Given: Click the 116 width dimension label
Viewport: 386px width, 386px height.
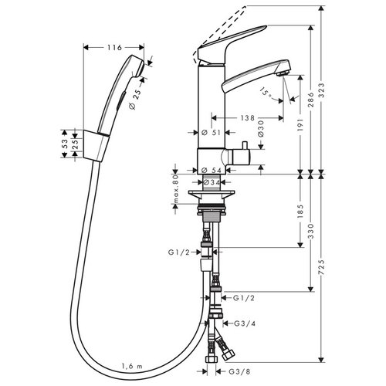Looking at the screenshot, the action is [114, 47].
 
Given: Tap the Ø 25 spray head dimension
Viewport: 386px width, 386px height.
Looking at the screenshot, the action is [136, 100].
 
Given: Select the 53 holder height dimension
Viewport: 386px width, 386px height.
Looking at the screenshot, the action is [65, 144].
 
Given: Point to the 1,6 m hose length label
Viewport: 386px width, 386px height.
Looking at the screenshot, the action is [132, 366].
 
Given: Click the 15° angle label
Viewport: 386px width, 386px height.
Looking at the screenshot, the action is [266, 93].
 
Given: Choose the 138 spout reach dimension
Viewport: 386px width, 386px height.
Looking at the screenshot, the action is [247, 118].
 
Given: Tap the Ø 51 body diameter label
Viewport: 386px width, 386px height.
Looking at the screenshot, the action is [211, 133].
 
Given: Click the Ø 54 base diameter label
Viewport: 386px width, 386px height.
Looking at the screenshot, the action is [212, 170].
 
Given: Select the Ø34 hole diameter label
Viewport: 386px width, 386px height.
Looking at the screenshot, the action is [212, 182].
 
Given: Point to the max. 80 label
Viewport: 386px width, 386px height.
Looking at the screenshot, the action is [176, 189].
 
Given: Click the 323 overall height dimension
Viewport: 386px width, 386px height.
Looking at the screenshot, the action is [321, 90].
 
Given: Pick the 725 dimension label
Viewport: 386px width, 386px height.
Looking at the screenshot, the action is [321, 267].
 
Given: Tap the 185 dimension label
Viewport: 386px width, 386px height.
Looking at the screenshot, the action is [300, 212].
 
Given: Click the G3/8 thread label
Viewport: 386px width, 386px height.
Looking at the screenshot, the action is [239, 371].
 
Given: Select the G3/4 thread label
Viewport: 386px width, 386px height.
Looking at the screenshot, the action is [245, 323].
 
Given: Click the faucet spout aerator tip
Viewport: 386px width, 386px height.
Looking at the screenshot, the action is [282, 73].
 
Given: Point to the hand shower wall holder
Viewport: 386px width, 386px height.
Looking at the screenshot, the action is [96, 146].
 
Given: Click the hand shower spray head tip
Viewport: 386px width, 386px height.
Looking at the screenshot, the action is [141, 67].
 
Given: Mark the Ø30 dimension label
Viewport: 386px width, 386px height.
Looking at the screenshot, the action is [261, 128].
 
